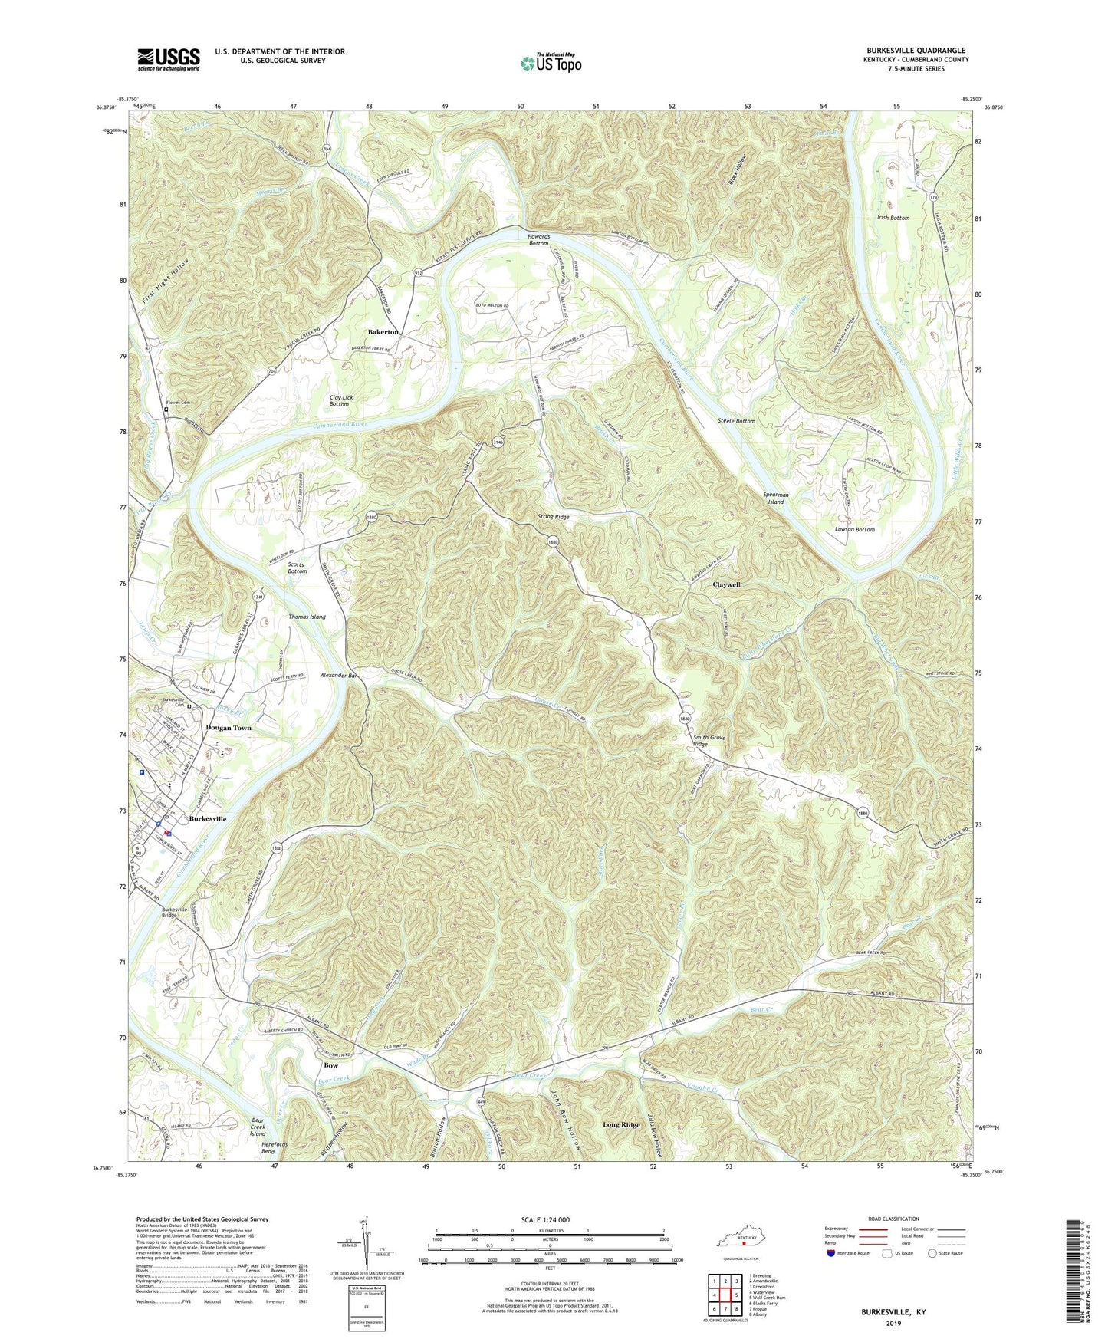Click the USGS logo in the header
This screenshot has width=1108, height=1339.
click(x=169, y=58)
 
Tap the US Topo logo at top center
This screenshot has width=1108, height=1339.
click(x=550, y=64)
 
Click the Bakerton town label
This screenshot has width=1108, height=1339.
click(x=383, y=332)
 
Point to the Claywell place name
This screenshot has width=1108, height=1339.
click(x=726, y=584)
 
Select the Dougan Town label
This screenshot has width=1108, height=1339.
click(x=229, y=728)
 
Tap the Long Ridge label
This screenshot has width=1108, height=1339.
click(x=621, y=1124)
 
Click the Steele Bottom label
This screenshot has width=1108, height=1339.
click(x=736, y=421)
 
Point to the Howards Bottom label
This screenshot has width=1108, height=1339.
click(x=538, y=239)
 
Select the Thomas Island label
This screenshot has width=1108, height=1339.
click(x=307, y=617)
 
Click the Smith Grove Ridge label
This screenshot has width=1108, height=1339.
click(x=710, y=741)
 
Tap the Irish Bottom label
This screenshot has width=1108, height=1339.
click(x=893, y=218)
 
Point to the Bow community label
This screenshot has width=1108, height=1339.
click(x=331, y=1066)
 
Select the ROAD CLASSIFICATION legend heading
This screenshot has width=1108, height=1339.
click(x=893, y=1219)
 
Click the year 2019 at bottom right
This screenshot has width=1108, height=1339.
click(x=894, y=1323)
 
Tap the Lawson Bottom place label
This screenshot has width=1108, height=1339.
click(x=854, y=530)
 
